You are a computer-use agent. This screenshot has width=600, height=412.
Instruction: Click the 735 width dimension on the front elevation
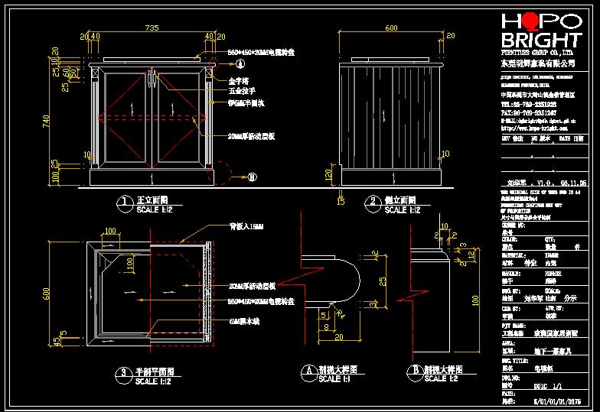click(x=152, y=28)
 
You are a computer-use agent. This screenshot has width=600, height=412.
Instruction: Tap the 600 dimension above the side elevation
click(x=391, y=28)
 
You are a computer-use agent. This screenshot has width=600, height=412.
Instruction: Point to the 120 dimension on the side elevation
click(x=328, y=175)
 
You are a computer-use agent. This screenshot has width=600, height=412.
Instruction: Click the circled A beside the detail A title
click(x=308, y=373)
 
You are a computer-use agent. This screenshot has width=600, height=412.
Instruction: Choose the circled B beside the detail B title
click(x=414, y=373)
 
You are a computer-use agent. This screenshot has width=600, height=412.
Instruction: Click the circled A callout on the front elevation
click(x=240, y=64)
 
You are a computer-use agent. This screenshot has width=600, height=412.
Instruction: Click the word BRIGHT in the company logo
click(x=540, y=41)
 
